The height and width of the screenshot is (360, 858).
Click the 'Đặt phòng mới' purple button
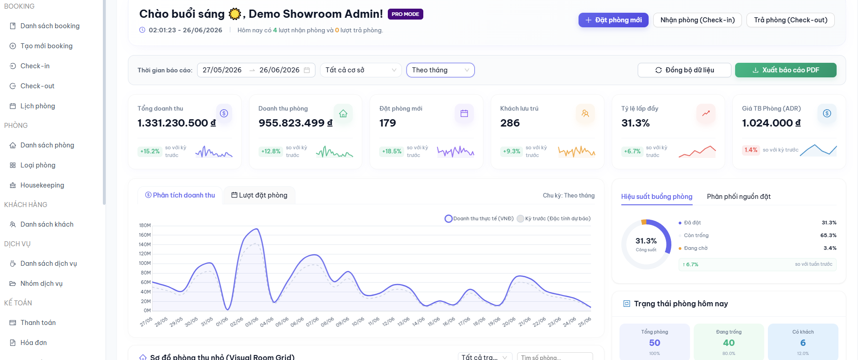(613, 20)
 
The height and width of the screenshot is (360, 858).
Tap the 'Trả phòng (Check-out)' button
(790, 20)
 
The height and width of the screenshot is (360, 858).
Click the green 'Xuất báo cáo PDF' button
(786, 70)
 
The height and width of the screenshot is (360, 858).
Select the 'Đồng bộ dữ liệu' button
(684, 70)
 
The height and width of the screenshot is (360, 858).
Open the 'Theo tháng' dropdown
(440, 70)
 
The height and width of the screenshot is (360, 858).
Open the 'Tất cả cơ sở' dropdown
(360, 70)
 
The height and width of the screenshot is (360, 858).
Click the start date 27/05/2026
(222, 70)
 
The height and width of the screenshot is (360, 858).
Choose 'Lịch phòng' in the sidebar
(38, 106)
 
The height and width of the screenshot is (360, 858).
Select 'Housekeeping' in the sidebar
(42, 185)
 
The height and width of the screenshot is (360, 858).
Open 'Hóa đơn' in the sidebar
(34, 343)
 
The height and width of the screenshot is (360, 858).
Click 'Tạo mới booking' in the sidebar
(46, 46)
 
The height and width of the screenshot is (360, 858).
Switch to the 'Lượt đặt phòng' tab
(259, 195)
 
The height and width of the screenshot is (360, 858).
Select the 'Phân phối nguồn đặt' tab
(739, 197)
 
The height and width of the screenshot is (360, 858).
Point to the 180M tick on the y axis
(145, 225)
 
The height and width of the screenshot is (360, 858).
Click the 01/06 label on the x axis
(222, 322)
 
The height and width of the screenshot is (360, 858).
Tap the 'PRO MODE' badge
(406, 14)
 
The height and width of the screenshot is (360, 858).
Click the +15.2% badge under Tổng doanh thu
(150, 152)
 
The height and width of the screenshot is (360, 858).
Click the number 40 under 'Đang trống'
(729, 343)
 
